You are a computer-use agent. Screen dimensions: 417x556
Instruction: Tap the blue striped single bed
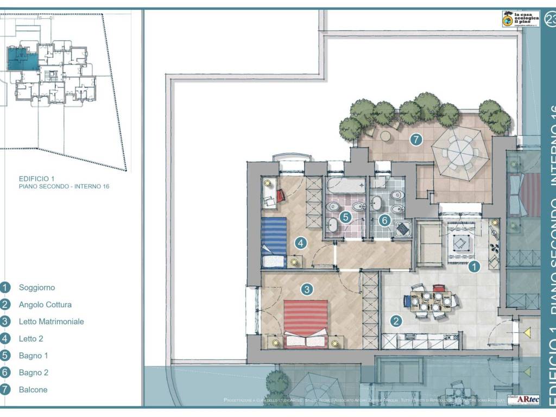274,242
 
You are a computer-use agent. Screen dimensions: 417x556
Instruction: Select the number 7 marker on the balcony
416,140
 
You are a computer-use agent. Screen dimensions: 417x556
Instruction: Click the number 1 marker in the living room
474,267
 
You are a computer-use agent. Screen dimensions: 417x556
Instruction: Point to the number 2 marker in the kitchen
397,321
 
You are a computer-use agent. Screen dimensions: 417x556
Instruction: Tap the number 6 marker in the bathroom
384,220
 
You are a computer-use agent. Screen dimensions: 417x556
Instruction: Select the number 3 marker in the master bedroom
307,289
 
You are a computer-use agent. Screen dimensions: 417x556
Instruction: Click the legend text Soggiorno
36,288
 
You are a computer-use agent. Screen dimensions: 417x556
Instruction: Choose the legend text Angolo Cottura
45,305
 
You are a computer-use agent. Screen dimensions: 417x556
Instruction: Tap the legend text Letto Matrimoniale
51,321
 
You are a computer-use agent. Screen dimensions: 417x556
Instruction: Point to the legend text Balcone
33,389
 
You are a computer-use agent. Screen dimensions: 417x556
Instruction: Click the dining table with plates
431,301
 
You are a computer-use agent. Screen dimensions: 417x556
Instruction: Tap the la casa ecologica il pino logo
520,19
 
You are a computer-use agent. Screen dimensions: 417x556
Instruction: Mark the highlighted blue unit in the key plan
22,58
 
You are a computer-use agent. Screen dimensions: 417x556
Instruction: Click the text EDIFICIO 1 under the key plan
37,178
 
